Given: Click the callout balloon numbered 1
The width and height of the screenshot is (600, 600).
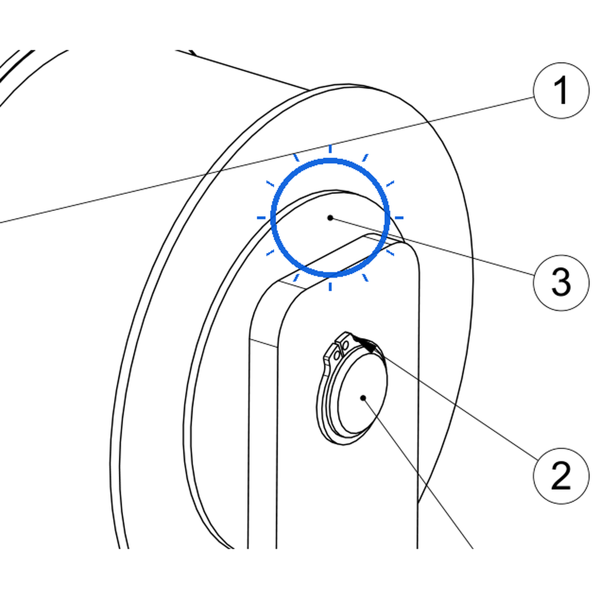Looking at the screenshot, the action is pyautogui.click(x=561, y=91).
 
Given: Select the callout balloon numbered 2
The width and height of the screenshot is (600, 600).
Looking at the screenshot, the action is pyautogui.click(x=561, y=476).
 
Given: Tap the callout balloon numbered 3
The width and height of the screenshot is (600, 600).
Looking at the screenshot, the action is pyautogui.click(x=561, y=283).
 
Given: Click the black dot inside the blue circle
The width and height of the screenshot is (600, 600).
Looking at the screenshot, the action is pyautogui.click(x=330, y=218).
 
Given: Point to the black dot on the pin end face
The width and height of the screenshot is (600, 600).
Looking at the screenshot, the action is pyautogui.click(x=363, y=398).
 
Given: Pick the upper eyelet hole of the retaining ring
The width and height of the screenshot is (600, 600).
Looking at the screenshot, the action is pyautogui.click(x=345, y=346).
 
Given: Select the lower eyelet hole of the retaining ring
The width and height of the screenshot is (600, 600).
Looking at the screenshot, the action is pyautogui.click(x=337, y=355).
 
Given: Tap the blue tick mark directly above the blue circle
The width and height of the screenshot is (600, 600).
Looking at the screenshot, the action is pyautogui.click(x=330, y=149).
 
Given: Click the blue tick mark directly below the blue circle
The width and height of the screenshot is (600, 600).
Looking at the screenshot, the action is pyautogui.click(x=330, y=287).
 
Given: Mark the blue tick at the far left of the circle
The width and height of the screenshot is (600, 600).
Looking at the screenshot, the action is pyautogui.click(x=261, y=218).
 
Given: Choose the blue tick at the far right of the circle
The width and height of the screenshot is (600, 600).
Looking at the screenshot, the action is pyautogui.click(x=399, y=218).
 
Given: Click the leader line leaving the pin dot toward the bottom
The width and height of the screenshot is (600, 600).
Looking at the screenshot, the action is pyautogui.click(x=418, y=473).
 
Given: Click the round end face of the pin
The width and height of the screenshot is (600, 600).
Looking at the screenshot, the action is pyautogui.click(x=362, y=394).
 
